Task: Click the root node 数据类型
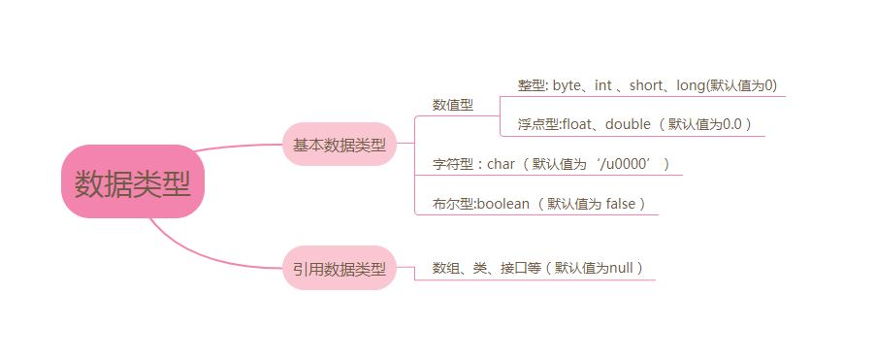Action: click(x=133, y=181)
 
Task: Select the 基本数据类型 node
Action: click(x=340, y=144)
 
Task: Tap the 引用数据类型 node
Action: click(x=340, y=268)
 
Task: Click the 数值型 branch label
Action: click(x=453, y=105)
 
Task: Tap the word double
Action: click(x=628, y=124)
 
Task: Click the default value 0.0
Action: click(x=732, y=124)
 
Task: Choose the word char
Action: click(x=502, y=164)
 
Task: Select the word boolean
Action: click(x=503, y=204)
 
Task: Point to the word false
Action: click(x=621, y=204)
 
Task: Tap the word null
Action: click(x=621, y=268)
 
